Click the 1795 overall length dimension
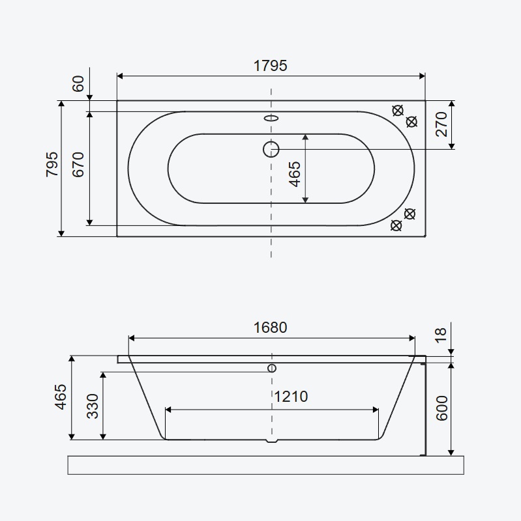(270, 66)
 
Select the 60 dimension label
(78, 84)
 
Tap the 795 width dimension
(52, 164)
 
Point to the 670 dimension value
(78, 164)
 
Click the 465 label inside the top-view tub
(295, 174)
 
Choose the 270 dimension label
(442, 124)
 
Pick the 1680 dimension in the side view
(270, 328)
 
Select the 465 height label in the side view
(61, 397)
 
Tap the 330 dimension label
(93, 406)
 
